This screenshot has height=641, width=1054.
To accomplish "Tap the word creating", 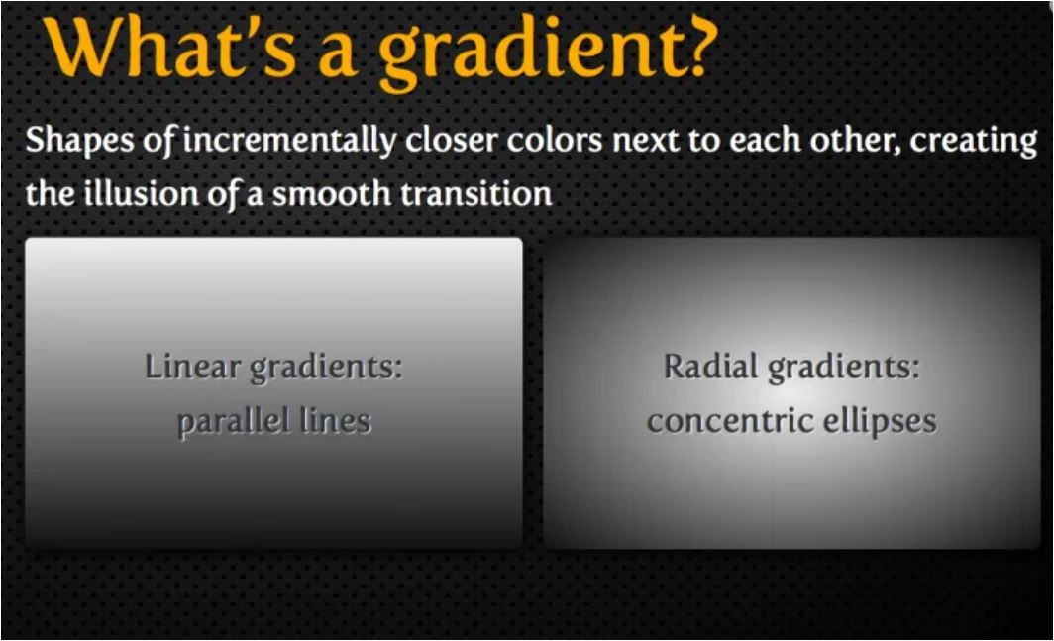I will tap(973, 142).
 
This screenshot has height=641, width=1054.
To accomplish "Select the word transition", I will tap(476, 192).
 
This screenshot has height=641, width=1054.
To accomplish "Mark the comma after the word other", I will tap(898, 151).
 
